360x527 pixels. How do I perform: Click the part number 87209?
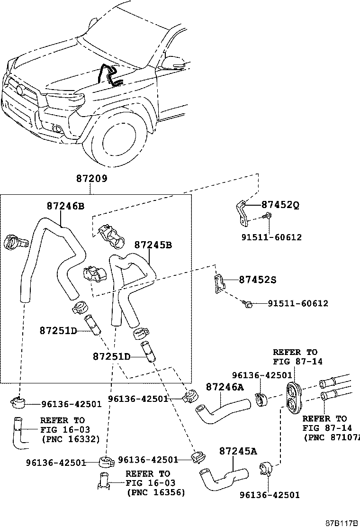tap(91, 179)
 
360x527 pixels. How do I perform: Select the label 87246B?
tap(65, 206)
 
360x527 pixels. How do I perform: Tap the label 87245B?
tap(153, 245)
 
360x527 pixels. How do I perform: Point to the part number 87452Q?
tap(280, 205)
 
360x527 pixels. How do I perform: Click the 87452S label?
tap(257, 280)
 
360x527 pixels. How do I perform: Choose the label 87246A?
tap(225, 387)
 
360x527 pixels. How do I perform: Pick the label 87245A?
tap(238, 451)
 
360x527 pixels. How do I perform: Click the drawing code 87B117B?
tap(341, 523)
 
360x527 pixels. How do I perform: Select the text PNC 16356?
tap(156, 492)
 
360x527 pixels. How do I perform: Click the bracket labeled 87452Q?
tap(242, 212)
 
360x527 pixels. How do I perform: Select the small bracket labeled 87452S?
tap(219, 283)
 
